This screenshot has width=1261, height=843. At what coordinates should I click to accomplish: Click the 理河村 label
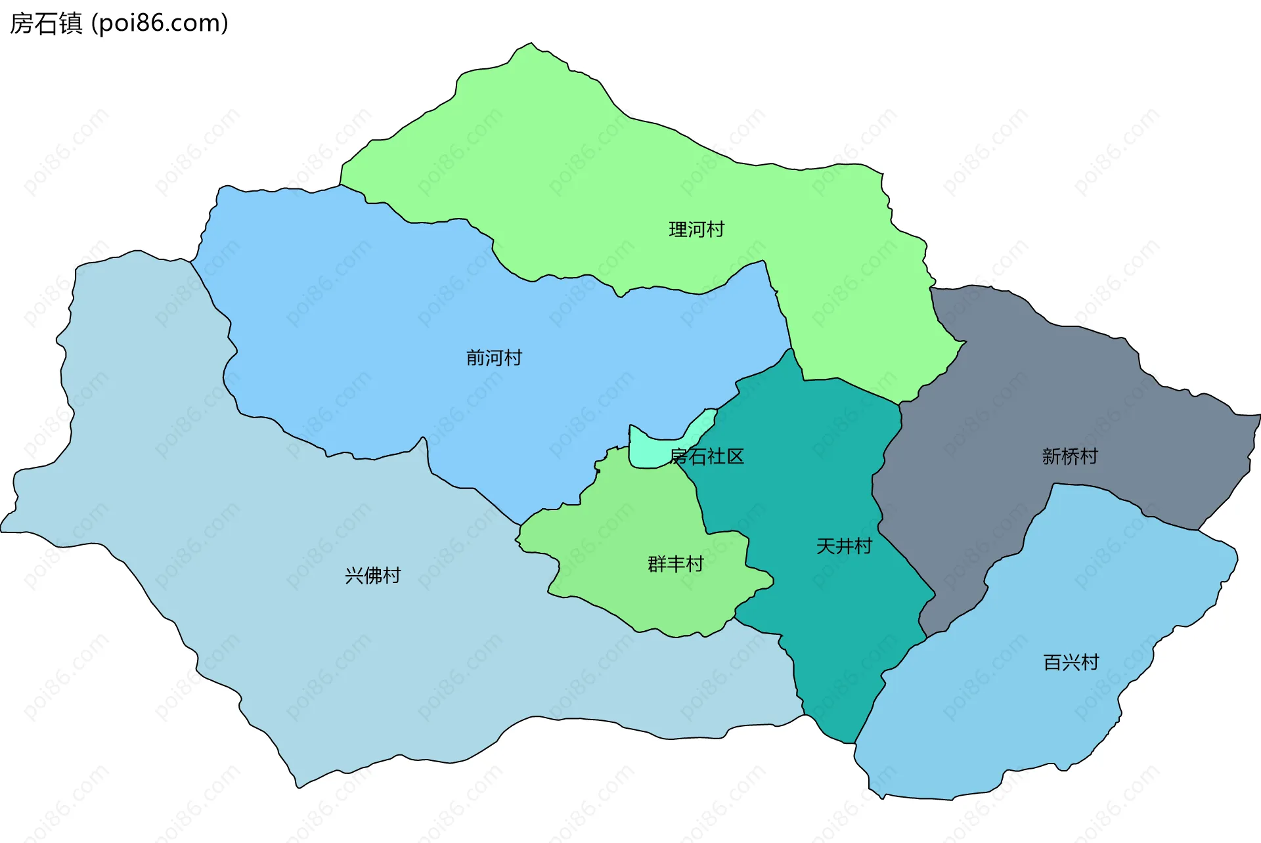click(696, 230)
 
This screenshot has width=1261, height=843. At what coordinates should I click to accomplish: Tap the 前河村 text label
click(494, 358)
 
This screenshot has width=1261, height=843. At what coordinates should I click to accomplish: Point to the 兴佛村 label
click(372, 576)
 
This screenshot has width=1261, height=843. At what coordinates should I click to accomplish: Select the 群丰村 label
click(675, 564)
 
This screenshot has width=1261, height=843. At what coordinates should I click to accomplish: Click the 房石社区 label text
click(707, 456)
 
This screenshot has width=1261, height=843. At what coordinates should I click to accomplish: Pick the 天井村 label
click(844, 546)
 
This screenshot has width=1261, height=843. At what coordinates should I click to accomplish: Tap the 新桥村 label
click(1070, 456)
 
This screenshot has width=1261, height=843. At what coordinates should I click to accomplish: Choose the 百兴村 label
click(1071, 662)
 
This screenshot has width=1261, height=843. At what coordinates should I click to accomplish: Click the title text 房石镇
click(46, 24)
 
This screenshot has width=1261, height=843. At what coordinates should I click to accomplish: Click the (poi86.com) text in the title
click(160, 24)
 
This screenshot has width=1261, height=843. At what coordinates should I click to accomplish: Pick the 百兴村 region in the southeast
click(1051, 722)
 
